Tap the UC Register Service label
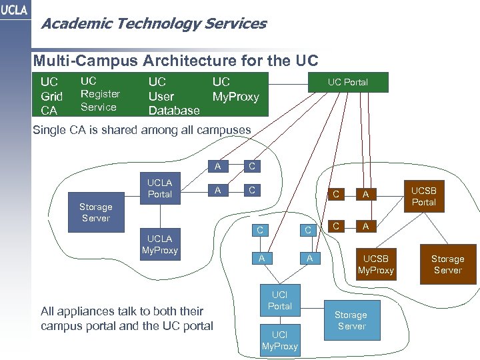click(x=100, y=93)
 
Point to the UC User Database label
click(x=173, y=95)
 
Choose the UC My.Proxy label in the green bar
click(x=235, y=89)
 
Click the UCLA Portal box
click(x=159, y=188)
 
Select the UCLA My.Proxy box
click(x=159, y=244)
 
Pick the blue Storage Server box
click(x=95, y=213)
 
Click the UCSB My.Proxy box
click(x=377, y=264)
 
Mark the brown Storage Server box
click(x=447, y=264)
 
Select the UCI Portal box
click(x=279, y=300)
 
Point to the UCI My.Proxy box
click(x=279, y=340)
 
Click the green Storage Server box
click(x=351, y=320)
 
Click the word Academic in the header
click(x=69, y=24)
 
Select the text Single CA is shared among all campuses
click(x=142, y=130)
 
